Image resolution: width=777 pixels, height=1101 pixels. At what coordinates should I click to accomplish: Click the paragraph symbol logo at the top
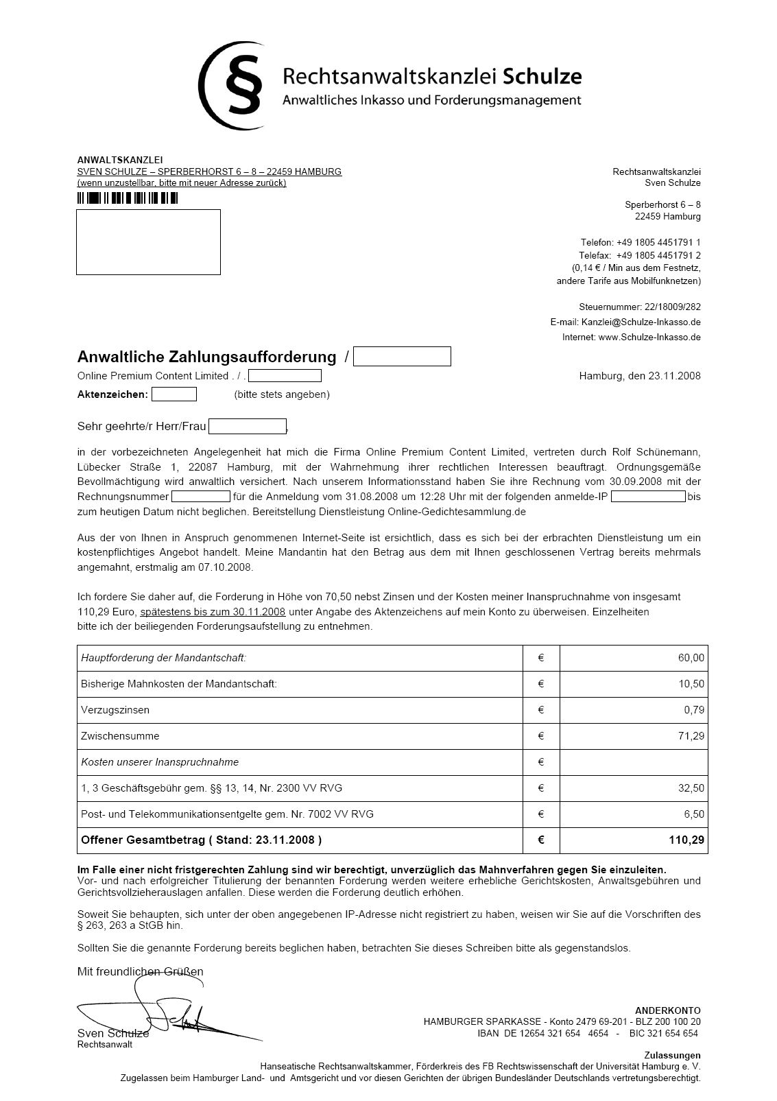233,85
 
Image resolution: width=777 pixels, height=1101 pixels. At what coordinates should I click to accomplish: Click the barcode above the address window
127,198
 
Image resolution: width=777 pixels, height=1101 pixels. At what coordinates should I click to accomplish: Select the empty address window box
148,242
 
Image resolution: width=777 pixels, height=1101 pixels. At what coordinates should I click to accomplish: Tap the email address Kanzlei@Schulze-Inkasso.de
641,322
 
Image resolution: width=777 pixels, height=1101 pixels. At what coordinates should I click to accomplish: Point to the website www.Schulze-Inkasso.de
649,338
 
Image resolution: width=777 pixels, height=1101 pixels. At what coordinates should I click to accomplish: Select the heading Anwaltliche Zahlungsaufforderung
206,357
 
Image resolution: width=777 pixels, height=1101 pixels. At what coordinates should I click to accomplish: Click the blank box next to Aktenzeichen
174,394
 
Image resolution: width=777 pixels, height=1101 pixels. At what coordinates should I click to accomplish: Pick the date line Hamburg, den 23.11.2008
639,376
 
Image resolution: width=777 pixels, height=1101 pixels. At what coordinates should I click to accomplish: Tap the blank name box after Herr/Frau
247,427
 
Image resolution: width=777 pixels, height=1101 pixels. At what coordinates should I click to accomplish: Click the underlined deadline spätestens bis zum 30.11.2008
213,612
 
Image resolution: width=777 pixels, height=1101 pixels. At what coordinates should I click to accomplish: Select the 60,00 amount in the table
691,659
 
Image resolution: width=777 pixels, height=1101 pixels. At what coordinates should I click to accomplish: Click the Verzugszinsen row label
115,711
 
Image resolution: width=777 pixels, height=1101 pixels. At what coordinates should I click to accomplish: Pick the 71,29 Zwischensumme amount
691,737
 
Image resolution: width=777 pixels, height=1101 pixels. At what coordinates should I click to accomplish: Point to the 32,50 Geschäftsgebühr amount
691,789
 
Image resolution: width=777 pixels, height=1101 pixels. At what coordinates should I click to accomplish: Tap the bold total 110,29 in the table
689,840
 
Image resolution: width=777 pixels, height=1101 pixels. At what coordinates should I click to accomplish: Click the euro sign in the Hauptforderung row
541,659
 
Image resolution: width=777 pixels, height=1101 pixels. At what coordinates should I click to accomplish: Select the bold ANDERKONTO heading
667,1010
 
